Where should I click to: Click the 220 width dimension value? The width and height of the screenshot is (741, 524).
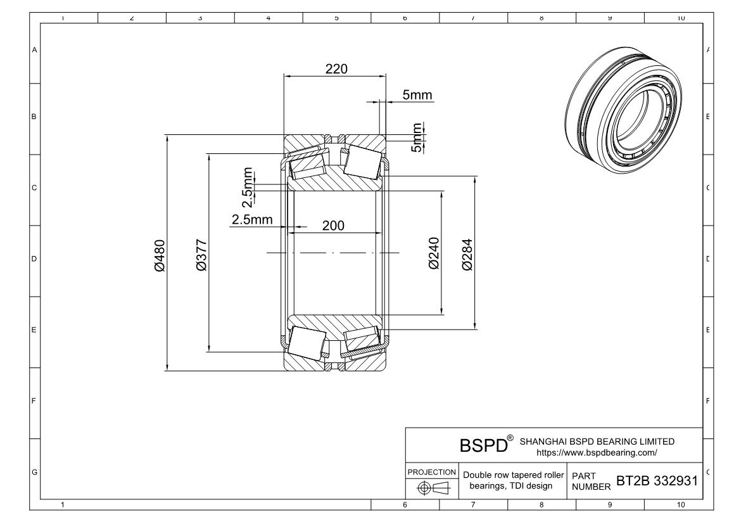(x=336, y=69)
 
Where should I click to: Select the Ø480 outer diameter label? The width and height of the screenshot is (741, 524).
(x=160, y=256)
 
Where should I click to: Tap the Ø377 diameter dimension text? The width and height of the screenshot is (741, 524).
(x=201, y=255)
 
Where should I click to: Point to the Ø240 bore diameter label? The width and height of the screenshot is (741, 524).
(x=434, y=253)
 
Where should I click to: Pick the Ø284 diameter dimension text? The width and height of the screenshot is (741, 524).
(x=467, y=255)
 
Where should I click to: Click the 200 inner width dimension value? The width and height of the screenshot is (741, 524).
(x=333, y=226)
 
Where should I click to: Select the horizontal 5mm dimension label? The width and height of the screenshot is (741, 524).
(x=417, y=95)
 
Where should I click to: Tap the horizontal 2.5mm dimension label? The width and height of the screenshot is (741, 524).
(x=252, y=219)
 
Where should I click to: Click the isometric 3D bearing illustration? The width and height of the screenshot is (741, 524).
(x=624, y=111)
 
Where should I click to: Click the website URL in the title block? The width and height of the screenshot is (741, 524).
(x=597, y=453)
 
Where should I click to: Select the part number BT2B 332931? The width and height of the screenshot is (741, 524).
(x=657, y=481)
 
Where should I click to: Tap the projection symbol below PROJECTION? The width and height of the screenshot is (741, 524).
(x=434, y=488)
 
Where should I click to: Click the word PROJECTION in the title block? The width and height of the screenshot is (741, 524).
(x=431, y=472)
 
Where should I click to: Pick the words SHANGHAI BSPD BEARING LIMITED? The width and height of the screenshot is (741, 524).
(x=597, y=442)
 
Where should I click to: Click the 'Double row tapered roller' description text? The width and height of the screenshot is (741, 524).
(x=513, y=475)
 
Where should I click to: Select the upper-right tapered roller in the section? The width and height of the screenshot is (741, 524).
(x=362, y=162)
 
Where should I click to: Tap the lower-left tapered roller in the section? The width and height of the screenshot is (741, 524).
(x=307, y=342)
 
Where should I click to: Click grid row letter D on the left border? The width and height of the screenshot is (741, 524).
(x=34, y=259)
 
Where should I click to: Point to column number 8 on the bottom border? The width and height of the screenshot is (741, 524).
(x=541, y=505)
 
